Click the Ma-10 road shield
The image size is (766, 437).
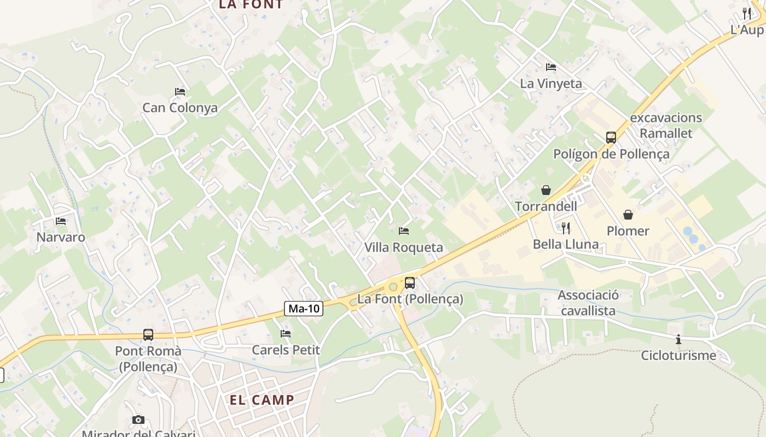304,309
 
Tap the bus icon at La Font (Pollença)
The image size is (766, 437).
409,283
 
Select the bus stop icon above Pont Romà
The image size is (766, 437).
148,334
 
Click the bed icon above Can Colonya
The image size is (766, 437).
180,91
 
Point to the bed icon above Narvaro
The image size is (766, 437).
61,221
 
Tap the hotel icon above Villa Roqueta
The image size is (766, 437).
404,231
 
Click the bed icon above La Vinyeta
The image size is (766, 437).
551,67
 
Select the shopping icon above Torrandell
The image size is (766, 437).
546,190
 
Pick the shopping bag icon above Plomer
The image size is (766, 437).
628,215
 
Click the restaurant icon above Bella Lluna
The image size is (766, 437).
566,228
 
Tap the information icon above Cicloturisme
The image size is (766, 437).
678,339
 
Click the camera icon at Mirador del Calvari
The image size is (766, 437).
138,420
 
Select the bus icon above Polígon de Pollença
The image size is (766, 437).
611,138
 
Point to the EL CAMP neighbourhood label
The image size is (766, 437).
262,400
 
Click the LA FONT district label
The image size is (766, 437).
251,4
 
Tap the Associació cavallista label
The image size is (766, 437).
588,303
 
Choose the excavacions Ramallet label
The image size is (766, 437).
666,126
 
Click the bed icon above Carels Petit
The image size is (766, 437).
286,333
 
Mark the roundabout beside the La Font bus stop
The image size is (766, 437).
393,287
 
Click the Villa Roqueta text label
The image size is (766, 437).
404,247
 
